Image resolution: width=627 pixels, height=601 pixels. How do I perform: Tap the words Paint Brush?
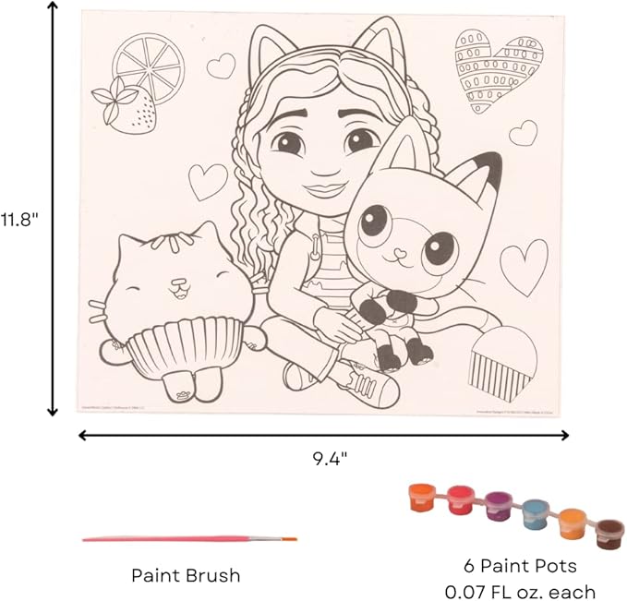[x=186, y=575]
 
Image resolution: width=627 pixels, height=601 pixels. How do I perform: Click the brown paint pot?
[x=609, y=533]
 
